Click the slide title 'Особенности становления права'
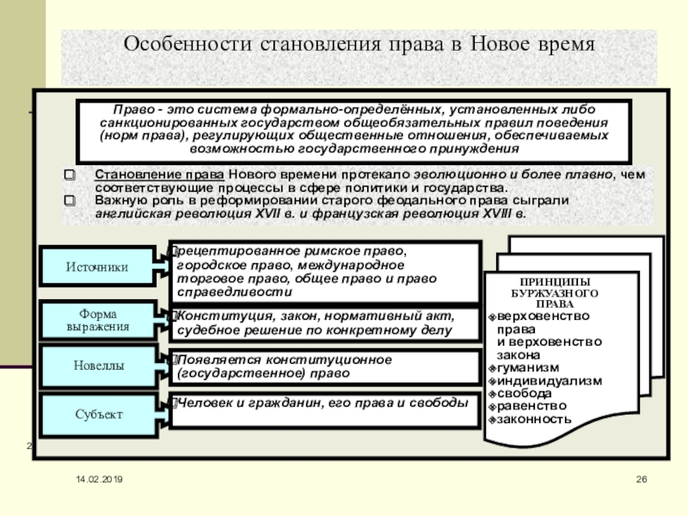pyautogui.click(x=359, y=43)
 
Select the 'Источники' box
pyautogui.click(x=97, y=267)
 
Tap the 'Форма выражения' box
pyautogui.click(x=97, y=320)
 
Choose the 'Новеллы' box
pyautogui.click(x=97, y=366)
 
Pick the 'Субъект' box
pyautogui.click(x=97, y=415)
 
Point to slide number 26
pyautogui.click(x=641, y=478)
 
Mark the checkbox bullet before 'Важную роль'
pyautogui.click(x=71, y=200)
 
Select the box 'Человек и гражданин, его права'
pyautogui.click(x=323, y=403)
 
